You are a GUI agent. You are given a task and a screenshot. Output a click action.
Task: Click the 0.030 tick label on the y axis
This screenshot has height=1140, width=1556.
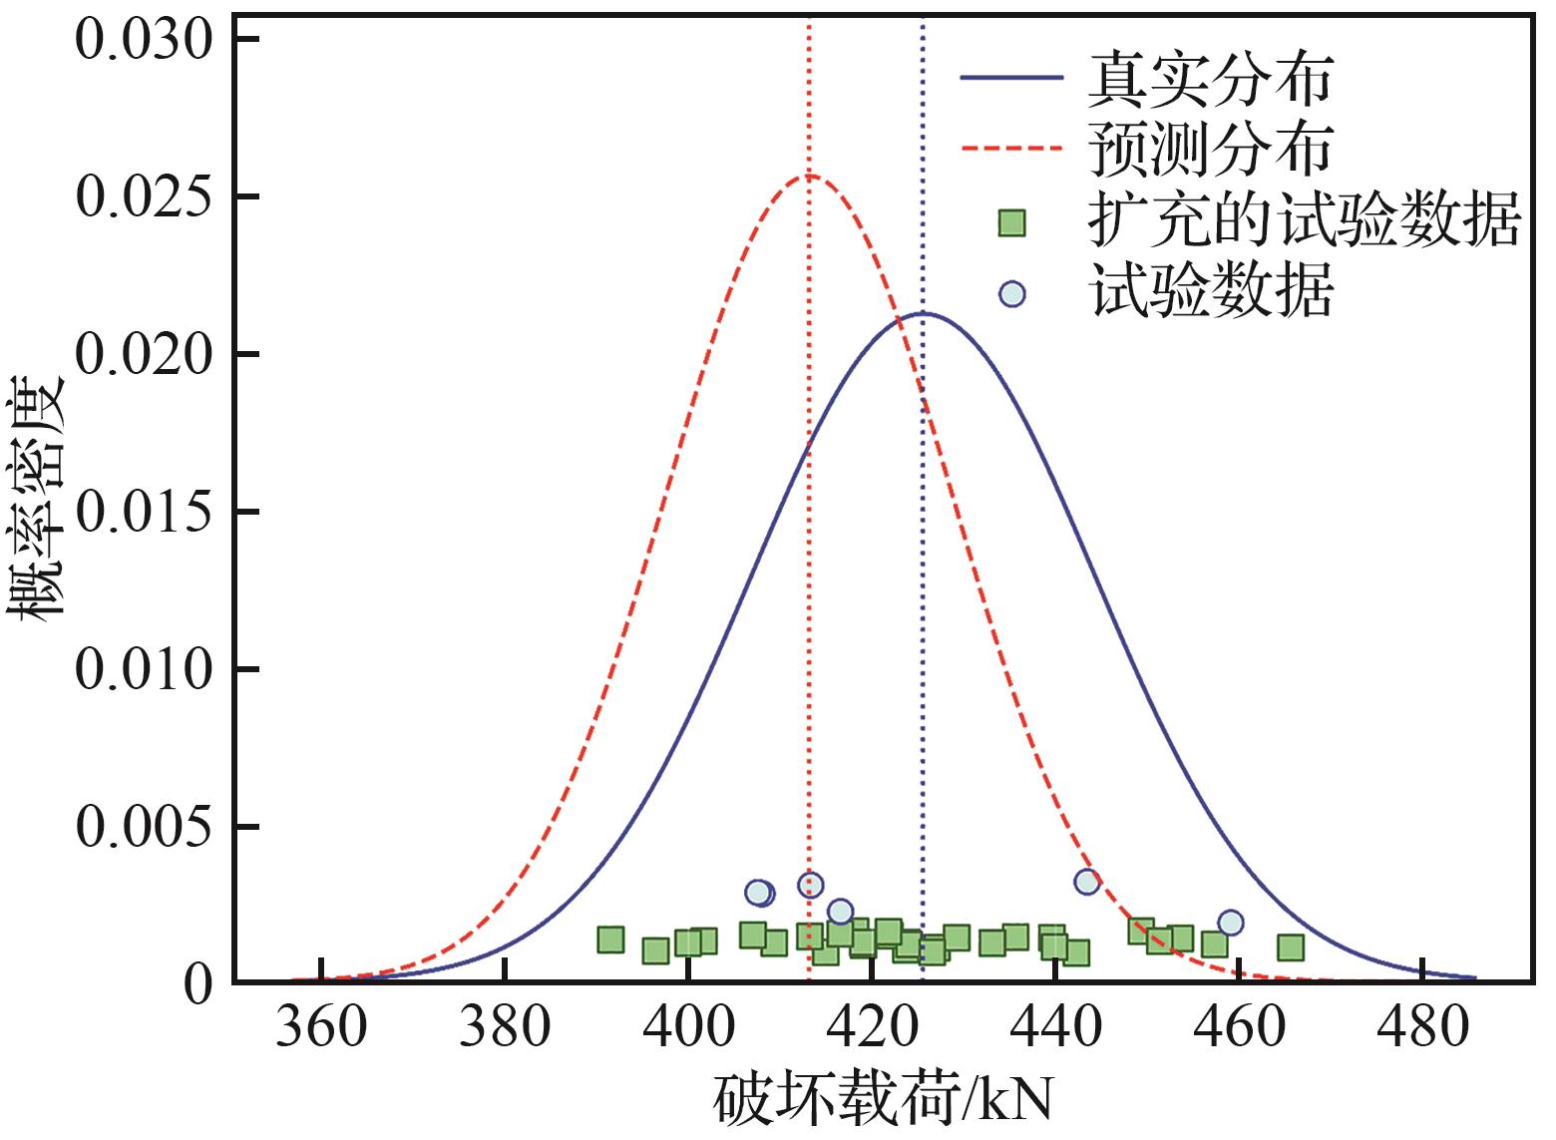(145, 41)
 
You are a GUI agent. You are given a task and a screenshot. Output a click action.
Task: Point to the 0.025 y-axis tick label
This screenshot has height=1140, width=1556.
(145, 197)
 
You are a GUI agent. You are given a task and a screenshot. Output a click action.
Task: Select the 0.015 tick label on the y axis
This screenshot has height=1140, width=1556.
(145, 513)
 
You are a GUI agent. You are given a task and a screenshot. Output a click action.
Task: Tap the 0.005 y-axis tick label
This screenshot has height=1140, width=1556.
(145, 828)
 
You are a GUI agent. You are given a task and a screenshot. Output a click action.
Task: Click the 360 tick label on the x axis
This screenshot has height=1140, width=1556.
(320, 1027)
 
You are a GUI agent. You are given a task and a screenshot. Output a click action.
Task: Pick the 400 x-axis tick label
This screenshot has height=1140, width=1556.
(687, 1027)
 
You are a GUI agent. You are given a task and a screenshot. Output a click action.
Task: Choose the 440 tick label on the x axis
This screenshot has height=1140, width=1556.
(1054, 1027)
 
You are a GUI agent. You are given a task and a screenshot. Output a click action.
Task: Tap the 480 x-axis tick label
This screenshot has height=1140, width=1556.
(1421, 1027)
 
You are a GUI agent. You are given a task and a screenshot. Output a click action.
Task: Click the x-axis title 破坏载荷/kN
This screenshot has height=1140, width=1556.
(884, 1103)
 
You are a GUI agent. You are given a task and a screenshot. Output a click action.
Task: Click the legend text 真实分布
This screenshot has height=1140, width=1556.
(1210, 79)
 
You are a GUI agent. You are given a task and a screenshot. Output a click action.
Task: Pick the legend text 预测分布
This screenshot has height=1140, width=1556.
(1210, 151)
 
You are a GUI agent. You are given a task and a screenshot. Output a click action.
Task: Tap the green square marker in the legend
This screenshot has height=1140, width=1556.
(1012, 222)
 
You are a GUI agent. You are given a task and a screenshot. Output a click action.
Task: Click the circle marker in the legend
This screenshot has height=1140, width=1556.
(1012, 294)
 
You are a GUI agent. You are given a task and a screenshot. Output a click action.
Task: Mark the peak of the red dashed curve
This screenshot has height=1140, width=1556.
(809, 177)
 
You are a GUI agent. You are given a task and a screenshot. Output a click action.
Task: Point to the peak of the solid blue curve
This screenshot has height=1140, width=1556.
(924, 313)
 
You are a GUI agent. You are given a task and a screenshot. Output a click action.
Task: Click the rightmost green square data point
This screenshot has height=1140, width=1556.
(1291, 947)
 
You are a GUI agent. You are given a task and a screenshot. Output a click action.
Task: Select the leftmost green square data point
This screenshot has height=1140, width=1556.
(610, 939)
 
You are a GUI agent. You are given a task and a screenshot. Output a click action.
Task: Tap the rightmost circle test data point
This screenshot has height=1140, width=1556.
(1231, 923)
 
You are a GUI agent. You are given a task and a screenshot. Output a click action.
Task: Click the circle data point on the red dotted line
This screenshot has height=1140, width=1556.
(810, 885)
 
